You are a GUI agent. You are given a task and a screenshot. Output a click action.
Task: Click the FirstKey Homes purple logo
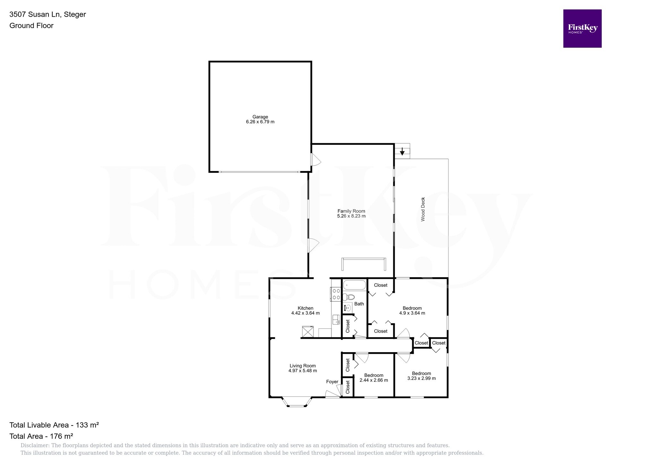pyautogui.click(x=582, y=29)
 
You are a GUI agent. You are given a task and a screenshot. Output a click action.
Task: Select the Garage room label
pyautogui.click(x=260, y=117)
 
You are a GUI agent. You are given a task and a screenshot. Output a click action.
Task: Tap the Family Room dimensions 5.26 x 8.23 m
pyautogui.click(x=351, y=216)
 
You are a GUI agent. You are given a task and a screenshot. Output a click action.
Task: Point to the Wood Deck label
pyautogui.click(x=423, y=209)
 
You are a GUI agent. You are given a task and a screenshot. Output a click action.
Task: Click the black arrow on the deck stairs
pyautogui.click(x=402, y=151)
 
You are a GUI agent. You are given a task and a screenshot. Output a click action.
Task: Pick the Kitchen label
pyautogui.click(x=305, y=308)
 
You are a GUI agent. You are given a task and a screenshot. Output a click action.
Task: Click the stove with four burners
pyautogui.click(x=336, y=294)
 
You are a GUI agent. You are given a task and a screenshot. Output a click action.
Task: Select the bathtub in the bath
pyautogui.click(x=354, y=285)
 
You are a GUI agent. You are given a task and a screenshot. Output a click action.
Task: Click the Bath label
pyautogui.click(x=359, y=304)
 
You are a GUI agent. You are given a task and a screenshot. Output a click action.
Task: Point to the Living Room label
pyautogui.click(x=303, y=366)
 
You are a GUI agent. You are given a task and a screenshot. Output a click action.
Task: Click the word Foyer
pyautogui.click(x=332, y=382)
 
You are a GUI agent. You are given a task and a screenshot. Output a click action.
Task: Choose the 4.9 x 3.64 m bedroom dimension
pyautogui.click(x=412, y=313)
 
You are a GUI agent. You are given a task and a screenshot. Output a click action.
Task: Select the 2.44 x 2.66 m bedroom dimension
pyautogui.click(x=374, y=380)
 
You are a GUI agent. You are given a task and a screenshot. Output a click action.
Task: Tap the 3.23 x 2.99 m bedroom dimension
pyautogui.click(x=421, y=378)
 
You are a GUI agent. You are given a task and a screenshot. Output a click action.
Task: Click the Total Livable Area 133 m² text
pyautogui.click(x=54, y=425)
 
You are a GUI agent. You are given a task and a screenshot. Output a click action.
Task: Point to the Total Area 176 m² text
pyautogui.click(x=41, y=436)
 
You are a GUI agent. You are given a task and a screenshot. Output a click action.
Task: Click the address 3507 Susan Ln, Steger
pyautogui.click(x=47, y=14)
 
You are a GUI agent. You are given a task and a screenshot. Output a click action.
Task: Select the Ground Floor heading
pyautogui.click(x=31, y=26)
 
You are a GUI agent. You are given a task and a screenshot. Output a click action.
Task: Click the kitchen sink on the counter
pyautogui.click(x=336, y=319)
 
